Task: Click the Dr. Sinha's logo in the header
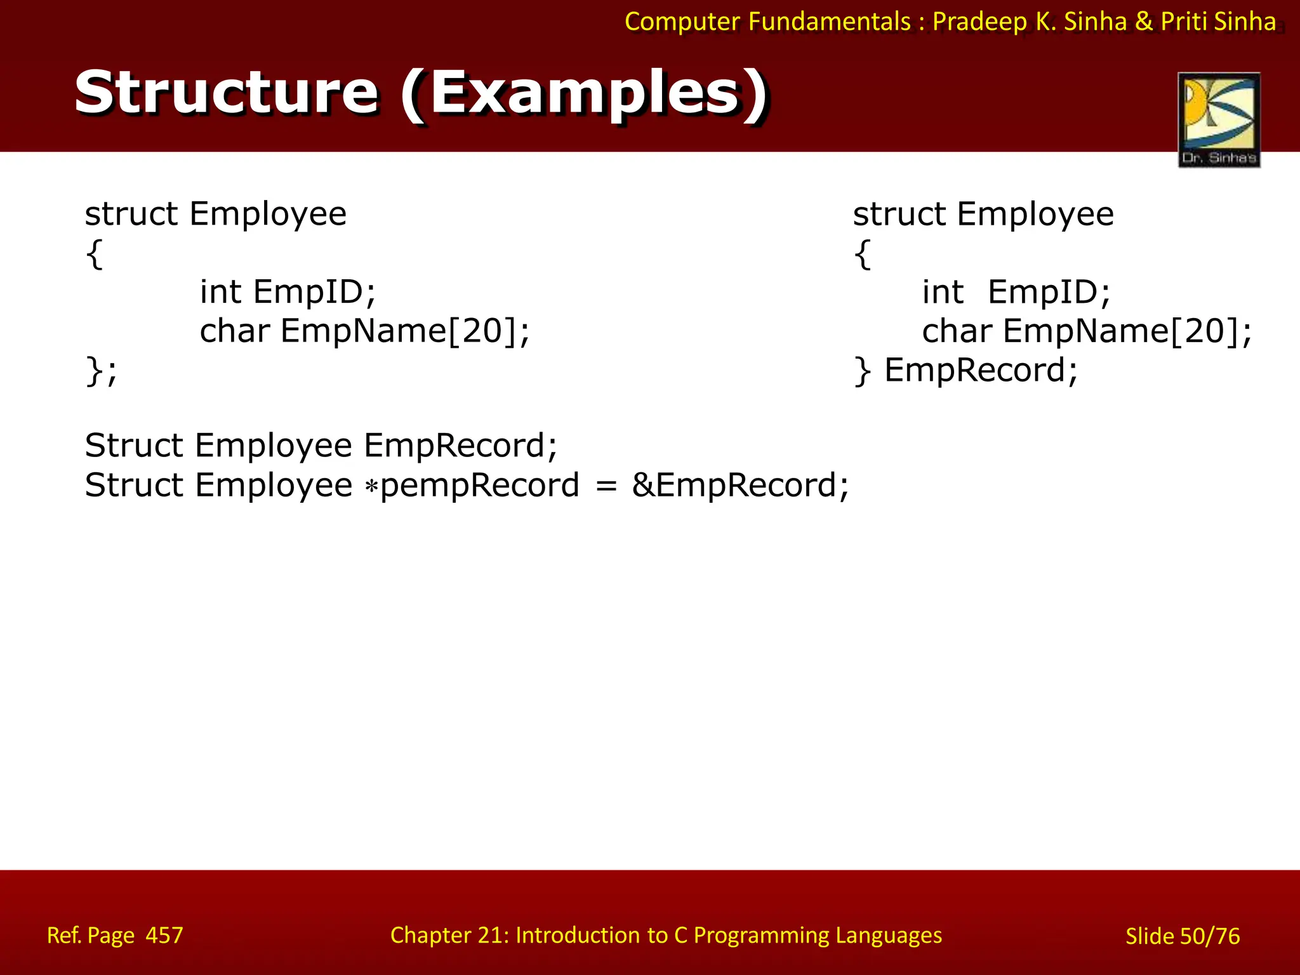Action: (1219, 119)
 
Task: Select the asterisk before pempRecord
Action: (371, 487)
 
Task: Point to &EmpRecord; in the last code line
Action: (740, 486)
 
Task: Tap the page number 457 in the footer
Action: (164, 935)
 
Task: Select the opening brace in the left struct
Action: (94, 255)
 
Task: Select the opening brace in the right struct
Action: (862, 255)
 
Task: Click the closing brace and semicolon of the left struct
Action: (101, 371)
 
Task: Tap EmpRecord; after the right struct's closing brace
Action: (981, 370)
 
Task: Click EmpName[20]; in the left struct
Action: (405, 331)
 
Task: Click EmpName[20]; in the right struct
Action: (1127, 331)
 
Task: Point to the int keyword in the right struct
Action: (943, 293)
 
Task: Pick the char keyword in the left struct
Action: (235, 331)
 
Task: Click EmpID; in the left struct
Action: (314, 293)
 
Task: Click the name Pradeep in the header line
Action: (980, 22)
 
